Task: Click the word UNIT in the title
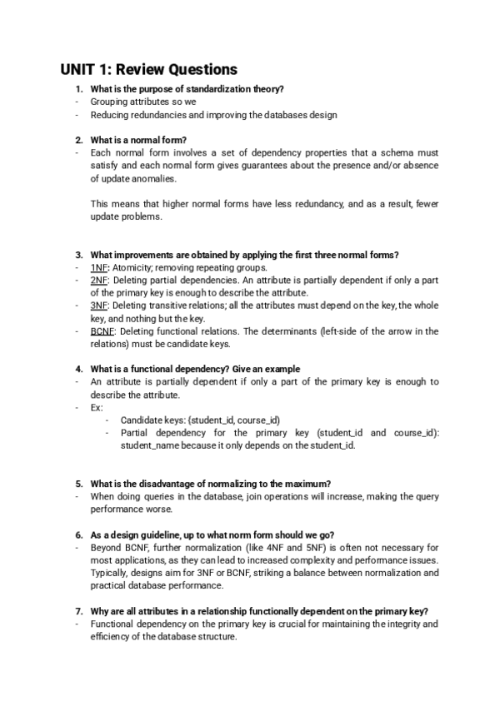pyautogui.click(x=80, y=69)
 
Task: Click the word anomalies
pyautogui.click(x=152, y=178)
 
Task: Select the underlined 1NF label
pyautogui.click(x=99, y=268)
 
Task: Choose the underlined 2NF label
pyautogui.click(x=99, y=281)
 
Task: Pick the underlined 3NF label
pyautogui.click(x=99, y=306)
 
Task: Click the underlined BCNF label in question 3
pyautogui.click(x=102, y=331)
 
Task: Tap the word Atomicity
pyautogui.click(x=132, y=268)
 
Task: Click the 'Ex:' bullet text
pyautogui.click(x=97, y=408)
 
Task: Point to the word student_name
pyautogui.click(x=150, y=445)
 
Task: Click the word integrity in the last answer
pyautogui.click(x=420, y=624)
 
